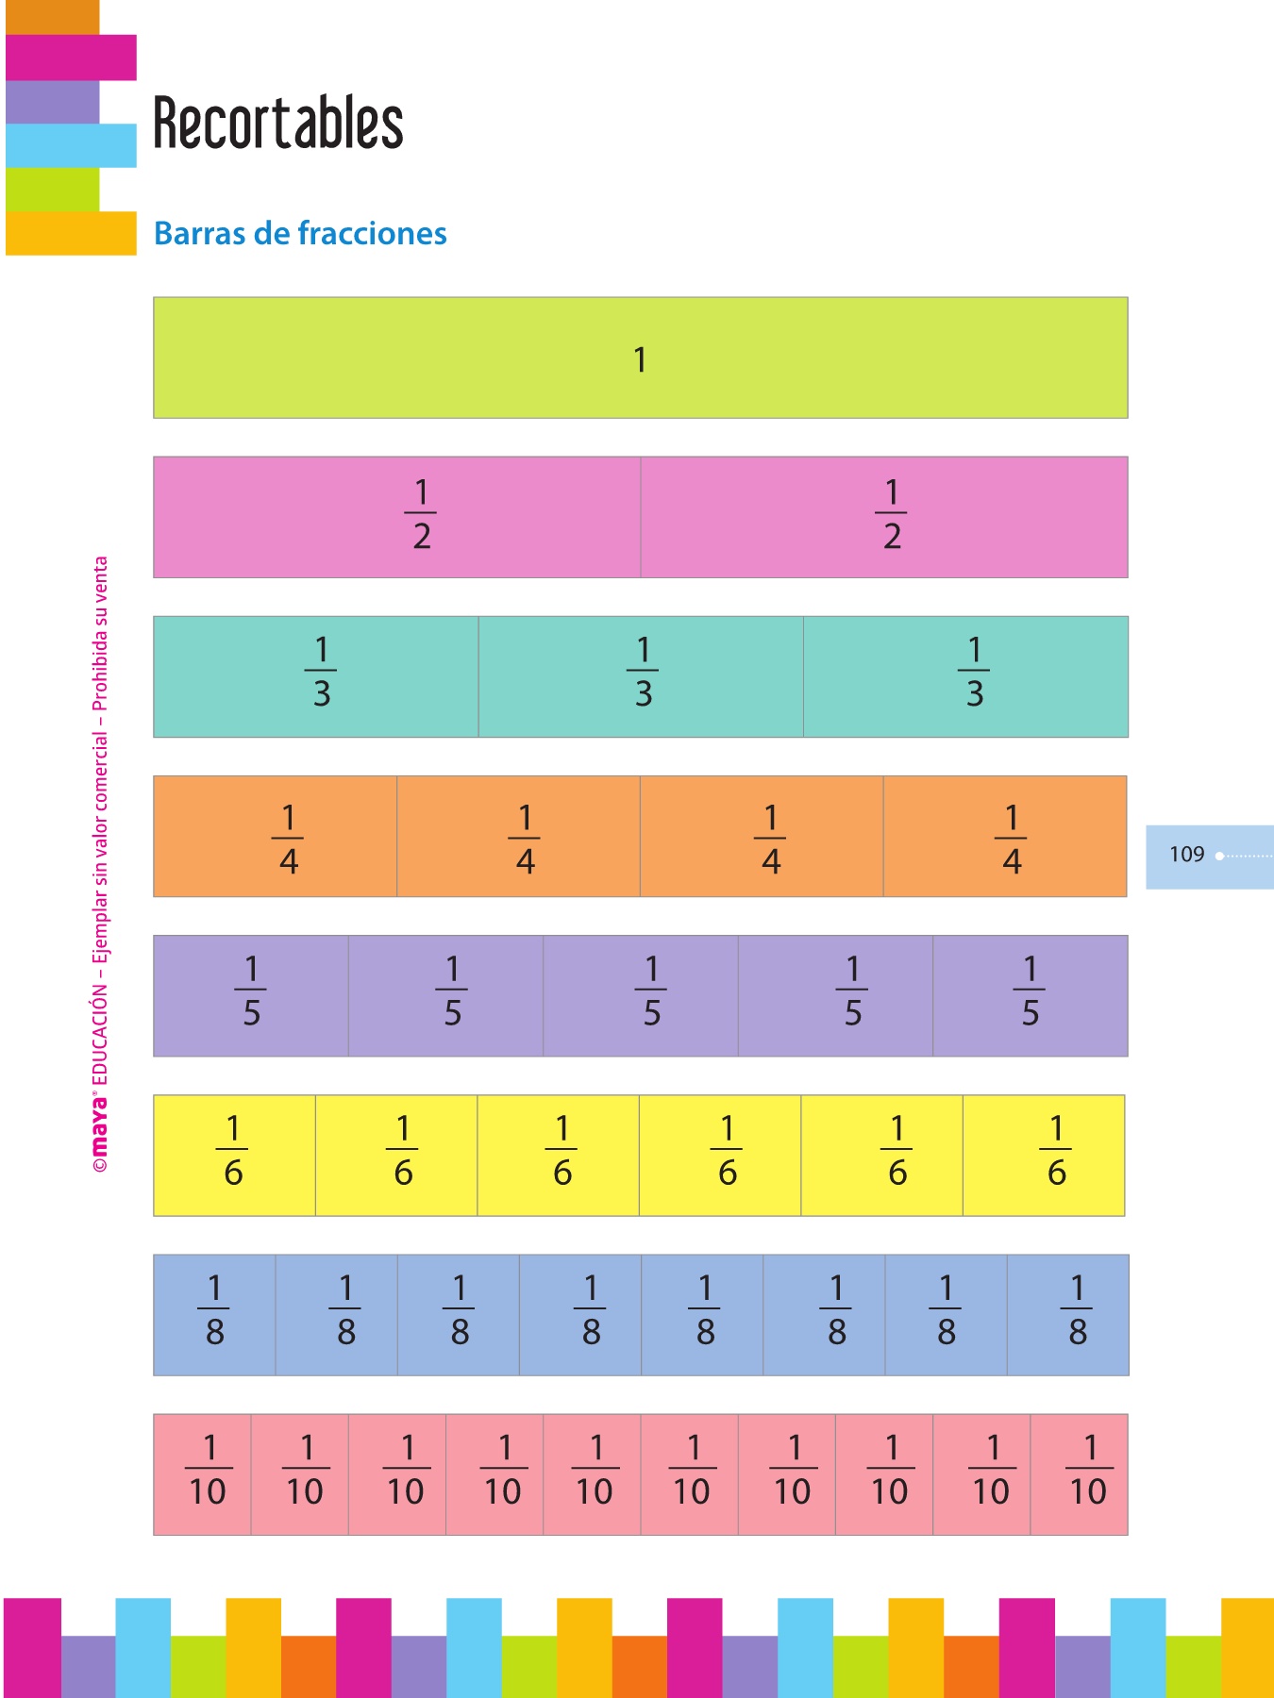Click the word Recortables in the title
pos(278,124)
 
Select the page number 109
pos(1186,855)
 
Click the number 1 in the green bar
pos(640,359)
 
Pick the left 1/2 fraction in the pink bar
pos(421,515)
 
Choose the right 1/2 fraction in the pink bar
pos(891,515)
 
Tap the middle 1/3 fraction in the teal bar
pos(643,673)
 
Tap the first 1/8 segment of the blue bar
pos(215,1311)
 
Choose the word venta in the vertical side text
pos(100,576)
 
